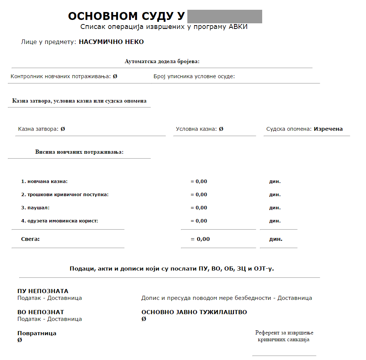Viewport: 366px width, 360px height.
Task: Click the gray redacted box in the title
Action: (224, 17)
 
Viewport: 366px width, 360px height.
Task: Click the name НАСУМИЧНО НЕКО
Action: (111, 42)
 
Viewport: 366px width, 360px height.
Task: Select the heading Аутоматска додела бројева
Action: (162, 61)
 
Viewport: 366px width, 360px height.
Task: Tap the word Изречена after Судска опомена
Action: (328, 129)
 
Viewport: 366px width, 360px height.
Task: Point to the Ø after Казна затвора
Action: (63, 129)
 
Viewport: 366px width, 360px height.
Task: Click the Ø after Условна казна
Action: (221, 129)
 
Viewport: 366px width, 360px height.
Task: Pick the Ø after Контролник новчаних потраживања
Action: (115, 76)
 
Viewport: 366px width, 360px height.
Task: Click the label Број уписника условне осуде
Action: (194, 76)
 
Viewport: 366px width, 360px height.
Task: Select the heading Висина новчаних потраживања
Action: (79, 152)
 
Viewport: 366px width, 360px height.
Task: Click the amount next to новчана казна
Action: (199, 182)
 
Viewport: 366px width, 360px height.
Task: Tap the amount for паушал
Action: (199, 208)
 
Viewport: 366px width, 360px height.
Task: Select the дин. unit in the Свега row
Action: (276, 239)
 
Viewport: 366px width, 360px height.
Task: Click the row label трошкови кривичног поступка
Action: (65, 195)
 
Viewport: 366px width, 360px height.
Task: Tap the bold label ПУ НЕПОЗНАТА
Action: (43, 291)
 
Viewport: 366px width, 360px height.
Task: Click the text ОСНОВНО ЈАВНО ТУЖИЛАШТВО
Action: (194, 312)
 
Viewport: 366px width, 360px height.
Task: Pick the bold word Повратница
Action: (37, 333)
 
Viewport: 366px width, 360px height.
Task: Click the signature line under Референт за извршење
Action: (284, 355)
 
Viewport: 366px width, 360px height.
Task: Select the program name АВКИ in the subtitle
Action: (238, 27)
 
